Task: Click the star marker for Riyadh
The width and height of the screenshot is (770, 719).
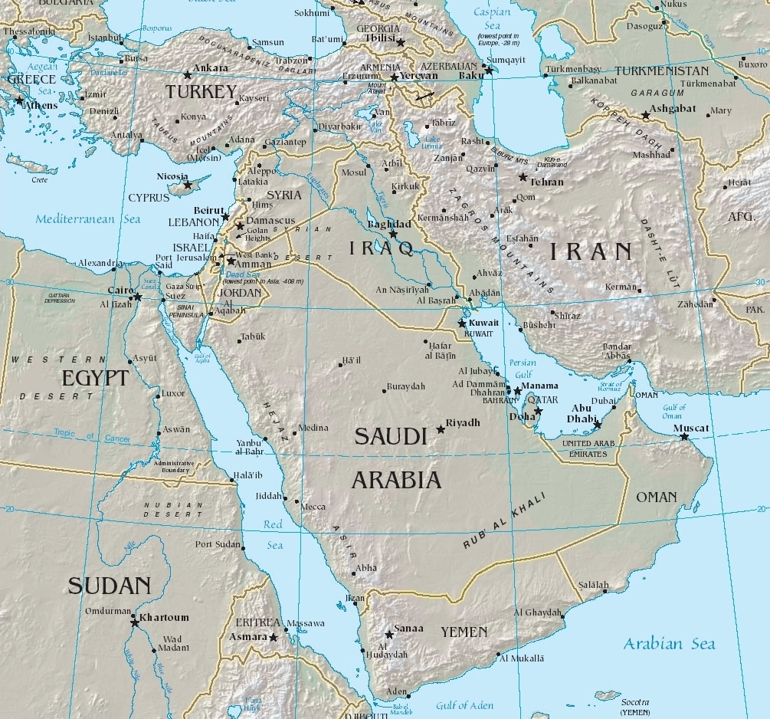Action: [440, 429]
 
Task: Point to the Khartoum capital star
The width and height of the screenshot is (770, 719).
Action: [135, 622]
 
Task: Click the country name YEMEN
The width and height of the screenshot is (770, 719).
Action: [464, 632]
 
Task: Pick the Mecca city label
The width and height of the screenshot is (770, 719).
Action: [313, 507]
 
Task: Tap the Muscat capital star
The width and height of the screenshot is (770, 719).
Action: [684, 438]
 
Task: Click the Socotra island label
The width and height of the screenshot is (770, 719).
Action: [634, 702]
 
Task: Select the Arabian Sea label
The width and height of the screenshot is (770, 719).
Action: [669, 643]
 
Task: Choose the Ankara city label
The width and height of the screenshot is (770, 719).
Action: [210, 67]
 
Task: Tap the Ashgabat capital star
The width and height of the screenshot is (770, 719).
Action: [645, 115]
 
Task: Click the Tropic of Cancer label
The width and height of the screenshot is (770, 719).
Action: [92, 435]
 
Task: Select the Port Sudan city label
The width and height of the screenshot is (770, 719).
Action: [218, 544]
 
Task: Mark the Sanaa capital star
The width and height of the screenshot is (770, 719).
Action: [388, 635]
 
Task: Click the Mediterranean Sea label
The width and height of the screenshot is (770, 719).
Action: [88, 219]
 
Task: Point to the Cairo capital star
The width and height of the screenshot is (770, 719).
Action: [137, 297]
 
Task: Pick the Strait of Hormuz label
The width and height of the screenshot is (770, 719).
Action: [610, 387]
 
